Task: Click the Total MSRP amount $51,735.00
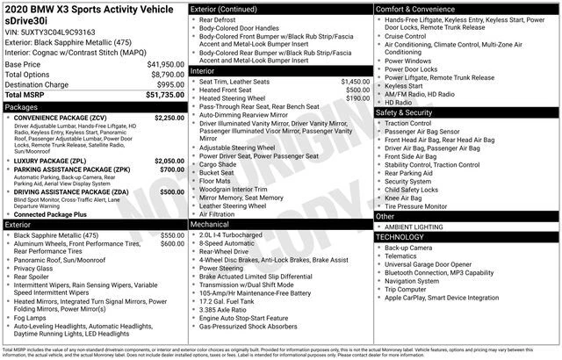(160, 94)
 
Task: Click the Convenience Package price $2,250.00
(169, 117)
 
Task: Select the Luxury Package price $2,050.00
(169, 162)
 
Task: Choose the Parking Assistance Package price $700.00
(171, 170)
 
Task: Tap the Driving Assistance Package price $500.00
(171, 191)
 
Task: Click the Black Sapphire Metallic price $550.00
(171, 236)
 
